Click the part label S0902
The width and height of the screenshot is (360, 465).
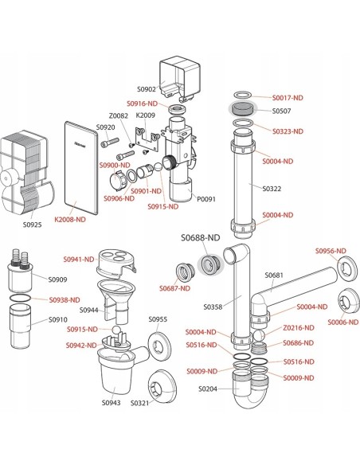pyautogui.click(x=146, y=89)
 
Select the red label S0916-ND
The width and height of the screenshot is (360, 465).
pyautogui.click(x=142, y=104)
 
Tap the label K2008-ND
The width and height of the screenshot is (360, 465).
pyautogui.click(x=70, y=220)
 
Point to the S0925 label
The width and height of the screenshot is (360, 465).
pyautogui.click(x=33, y=225)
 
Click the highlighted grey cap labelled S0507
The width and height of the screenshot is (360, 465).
pyautogui.click(x=243, y=108)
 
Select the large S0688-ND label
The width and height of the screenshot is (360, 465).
pyautogui.click(x=201, y=237)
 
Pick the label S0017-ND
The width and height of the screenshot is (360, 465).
pyautogui.click(x=288, y=98)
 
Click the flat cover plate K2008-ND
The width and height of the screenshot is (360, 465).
pyautogui.click(x=81, y=167)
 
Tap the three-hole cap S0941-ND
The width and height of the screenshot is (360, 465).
pyautogui.click(x=116, y=263)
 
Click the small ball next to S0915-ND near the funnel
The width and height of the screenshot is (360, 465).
pyautogui.click(x=116, y=330)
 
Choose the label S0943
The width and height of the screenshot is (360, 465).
pyautogui.click(x=112, y=403)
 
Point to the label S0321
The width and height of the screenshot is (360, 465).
pyautogui.click(x=139, y=403)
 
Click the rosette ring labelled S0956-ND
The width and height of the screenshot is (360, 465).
pyautogui.click(x=346, y=268)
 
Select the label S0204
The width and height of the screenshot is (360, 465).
pyautogui.click(x=208, y=389)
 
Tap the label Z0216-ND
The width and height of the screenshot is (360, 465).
pyautogui.click(x=299, y=328)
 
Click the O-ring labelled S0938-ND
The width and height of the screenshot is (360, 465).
pyautogui.click(x=20, y=298)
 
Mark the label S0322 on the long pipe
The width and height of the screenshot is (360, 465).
pyautogui.click(x=272, y=189)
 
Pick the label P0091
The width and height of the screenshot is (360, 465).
pyautogui.click(x=206, y=199)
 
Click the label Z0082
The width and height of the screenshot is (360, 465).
pyautogui.click(x=119, y=115)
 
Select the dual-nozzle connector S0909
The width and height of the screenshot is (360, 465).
pyautogui.click(x=19, y=272)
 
